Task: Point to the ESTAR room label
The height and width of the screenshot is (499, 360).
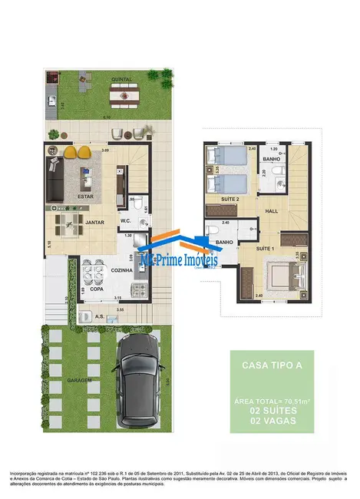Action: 85,197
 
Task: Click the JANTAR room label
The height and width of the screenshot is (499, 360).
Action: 94,222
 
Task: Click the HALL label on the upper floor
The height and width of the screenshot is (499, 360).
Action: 272,211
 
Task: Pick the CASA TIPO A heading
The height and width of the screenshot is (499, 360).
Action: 266,366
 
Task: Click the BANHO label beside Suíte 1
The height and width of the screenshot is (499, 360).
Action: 224,243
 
